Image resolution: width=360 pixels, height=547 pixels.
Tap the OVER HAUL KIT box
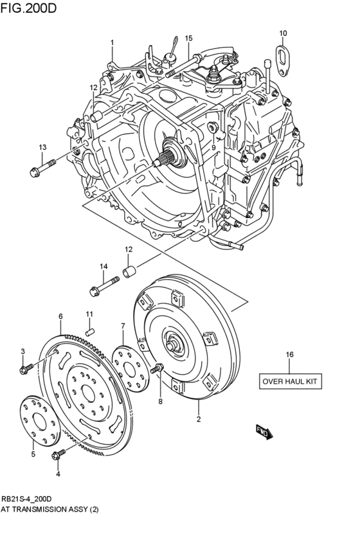tap(289, 381)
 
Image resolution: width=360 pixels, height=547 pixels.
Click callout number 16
tap(289, 354)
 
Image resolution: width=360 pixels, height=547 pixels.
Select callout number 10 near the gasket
tap(283, 33)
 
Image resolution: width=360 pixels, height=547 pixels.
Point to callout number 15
tap(189, 39)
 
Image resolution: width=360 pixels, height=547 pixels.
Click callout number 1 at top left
tap(111, 43)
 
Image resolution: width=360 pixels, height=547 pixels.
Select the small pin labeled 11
tap(91, 330)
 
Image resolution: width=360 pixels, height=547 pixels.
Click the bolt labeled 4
tap(57, 456)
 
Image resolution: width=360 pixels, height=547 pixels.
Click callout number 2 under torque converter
tap(199, 420)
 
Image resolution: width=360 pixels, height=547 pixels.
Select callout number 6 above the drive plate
tap(60, 316)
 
